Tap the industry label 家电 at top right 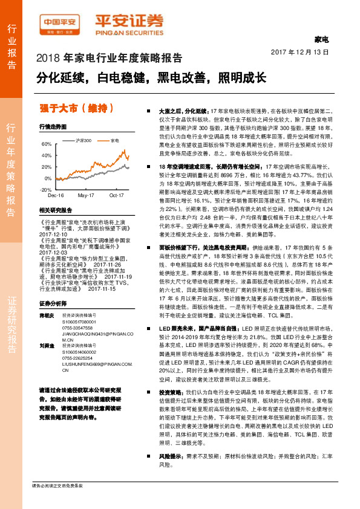pos(321,40)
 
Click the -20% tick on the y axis pos(45,189)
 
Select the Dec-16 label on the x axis pos(56,196)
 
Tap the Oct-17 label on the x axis pos(117,196)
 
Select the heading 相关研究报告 pos(54,210)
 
